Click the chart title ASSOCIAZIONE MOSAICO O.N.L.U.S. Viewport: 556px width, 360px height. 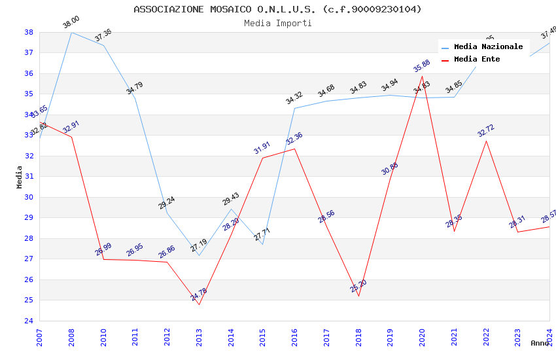click(277, 9)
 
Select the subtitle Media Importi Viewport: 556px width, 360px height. click(277, 24)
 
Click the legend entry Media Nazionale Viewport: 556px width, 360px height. click(488, 47)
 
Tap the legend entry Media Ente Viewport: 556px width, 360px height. click(477, 60)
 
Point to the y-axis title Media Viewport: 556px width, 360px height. click(19, 177)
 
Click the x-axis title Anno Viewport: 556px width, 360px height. click(540, 343)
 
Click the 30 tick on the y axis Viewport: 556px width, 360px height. click(29, 197)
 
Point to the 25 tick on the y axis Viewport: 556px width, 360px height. click(29, 300)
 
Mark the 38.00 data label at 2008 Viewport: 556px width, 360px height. click(71, 22)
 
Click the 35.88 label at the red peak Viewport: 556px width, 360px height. click(422, 66)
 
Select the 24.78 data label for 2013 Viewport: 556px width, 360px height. click(199, 295)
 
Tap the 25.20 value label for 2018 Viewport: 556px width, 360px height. click(358, 286)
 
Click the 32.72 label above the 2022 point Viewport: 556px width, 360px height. click(485, 131)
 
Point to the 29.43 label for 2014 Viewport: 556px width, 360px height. click(231, 199)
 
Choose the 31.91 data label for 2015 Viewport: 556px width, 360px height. click(262, 148)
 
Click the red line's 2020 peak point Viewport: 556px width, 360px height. click(422, 77)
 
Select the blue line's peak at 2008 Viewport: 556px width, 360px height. click(71, 32)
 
